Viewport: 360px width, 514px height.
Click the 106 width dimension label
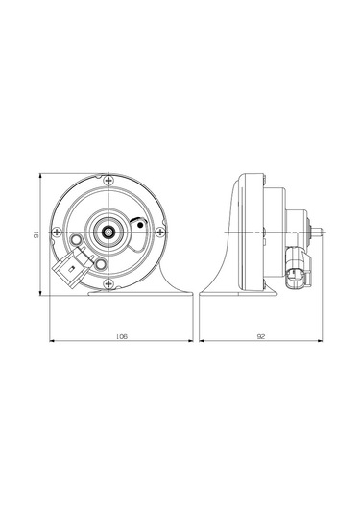point(121,336)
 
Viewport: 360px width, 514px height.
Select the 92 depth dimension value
point(260,336)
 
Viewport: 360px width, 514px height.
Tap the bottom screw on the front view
point(113,281)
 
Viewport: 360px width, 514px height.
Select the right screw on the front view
point(164,231)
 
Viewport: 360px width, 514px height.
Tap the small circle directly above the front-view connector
point(77,239)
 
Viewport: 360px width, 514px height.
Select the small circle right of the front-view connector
point(101,261)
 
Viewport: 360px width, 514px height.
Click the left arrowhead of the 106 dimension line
point(52,342)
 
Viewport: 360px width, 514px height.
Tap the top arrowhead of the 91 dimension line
point(42,177)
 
